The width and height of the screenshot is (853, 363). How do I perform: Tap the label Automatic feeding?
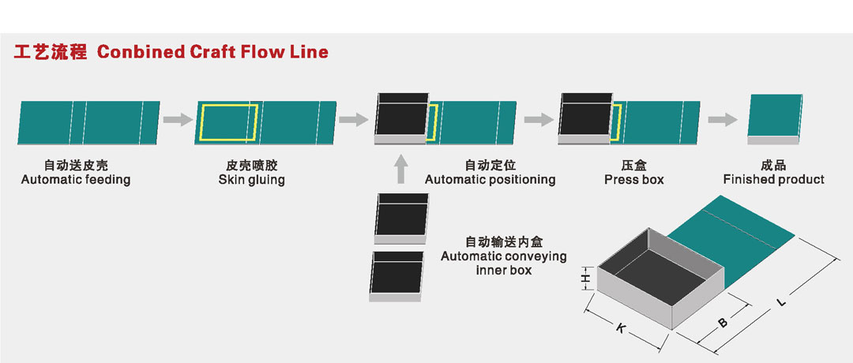coord(76,180)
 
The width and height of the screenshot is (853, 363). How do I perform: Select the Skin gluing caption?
coord(252,180)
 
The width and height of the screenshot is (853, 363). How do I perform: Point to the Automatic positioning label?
coord(490,180)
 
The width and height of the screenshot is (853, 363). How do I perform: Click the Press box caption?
coord(634,180)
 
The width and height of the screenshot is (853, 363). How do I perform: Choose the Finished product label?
coord(773,180)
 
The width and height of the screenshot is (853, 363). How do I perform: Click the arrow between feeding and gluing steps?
coord(178,120)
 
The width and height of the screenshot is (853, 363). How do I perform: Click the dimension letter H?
coord(585,279)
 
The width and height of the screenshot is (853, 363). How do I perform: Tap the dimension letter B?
coord(721,321)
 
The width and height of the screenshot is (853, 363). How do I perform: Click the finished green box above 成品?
coord(775,116)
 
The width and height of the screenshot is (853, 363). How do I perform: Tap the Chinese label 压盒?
coord(634,166)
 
